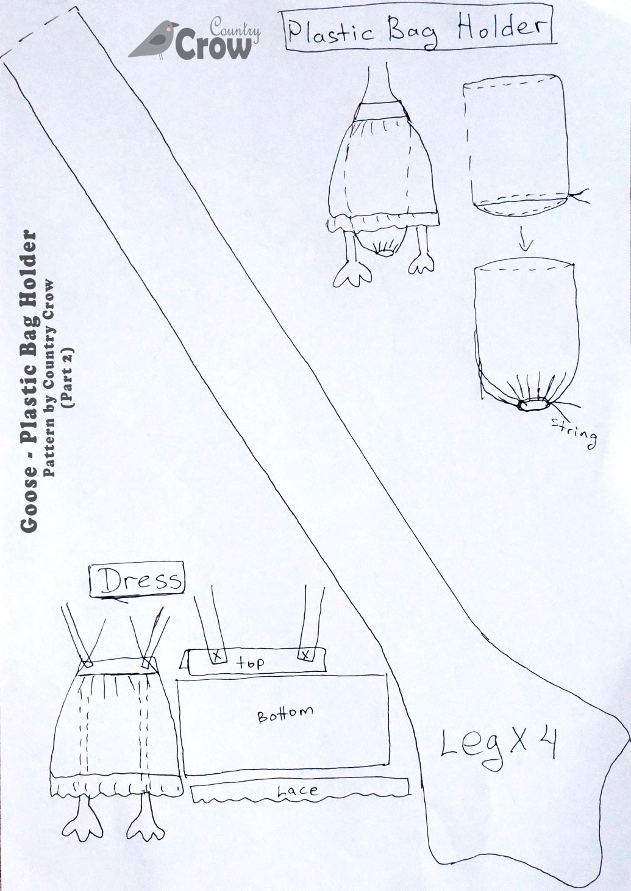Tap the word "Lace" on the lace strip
pos(298,791)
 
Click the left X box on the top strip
pos(218,657)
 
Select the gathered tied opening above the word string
pos(534,405)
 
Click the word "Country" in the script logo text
pos(235,28)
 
